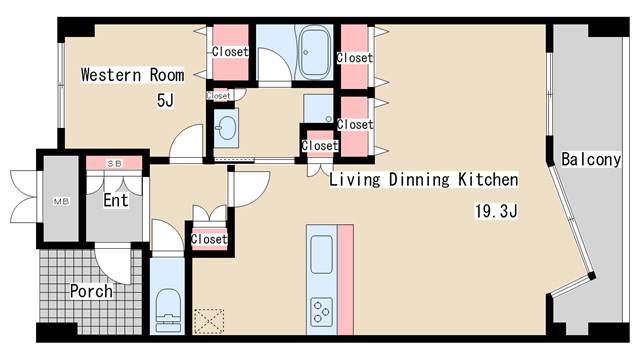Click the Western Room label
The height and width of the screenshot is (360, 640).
132,75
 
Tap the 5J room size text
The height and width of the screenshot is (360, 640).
165,100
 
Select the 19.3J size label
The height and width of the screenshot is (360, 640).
496,211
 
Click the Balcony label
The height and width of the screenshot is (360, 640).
591,159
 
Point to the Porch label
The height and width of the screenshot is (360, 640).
91,291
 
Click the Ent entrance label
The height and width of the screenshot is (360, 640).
116,200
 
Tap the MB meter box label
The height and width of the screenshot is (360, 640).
61,201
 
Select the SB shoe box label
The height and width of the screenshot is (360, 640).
114,164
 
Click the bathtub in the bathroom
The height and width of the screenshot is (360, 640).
314,52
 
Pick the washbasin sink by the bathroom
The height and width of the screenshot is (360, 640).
226,127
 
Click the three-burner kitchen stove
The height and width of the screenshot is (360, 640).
321,312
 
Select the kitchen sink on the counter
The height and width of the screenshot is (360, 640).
321,254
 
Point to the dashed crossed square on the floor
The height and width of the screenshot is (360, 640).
209,321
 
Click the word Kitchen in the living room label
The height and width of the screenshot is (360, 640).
488,179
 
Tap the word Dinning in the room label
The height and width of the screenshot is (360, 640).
419,180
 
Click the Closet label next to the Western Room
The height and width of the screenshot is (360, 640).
230,52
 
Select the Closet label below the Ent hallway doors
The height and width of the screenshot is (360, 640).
209,239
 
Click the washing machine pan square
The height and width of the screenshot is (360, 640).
318,109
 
